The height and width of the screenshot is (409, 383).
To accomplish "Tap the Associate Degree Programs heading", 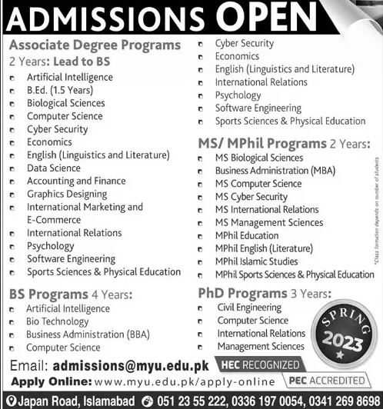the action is [95, 45].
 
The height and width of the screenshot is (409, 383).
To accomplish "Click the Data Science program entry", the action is [53, 168].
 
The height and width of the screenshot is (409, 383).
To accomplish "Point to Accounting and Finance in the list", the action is [76, 181].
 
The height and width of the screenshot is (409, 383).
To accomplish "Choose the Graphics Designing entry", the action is [67, 194].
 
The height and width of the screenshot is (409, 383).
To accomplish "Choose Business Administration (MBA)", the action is [271, 171].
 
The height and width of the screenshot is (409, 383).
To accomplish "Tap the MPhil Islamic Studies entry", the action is [258, 261].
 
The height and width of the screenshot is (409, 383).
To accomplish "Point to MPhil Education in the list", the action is [247, 235].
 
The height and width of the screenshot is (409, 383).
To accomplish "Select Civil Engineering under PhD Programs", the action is [248, 307].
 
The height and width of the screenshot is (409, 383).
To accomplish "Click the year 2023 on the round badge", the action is [344, 341].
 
